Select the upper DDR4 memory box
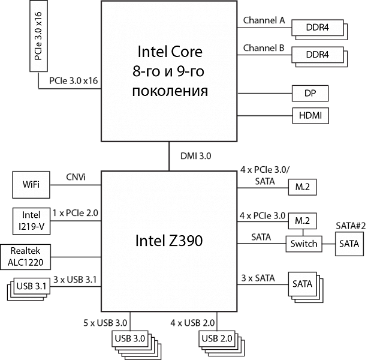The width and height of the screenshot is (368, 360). coord(316,28)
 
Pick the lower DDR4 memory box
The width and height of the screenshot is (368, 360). coord(316,55)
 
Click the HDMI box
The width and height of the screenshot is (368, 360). coord(310,115)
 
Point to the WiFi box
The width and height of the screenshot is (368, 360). coord(31,185)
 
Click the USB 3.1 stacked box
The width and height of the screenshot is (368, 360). coord(31,287)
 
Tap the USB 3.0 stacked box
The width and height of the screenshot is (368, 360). coord(130,339)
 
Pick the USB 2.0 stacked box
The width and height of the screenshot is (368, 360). coord(217,339)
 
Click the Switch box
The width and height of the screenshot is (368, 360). coord(304,244)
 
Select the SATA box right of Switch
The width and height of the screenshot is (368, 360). coord(349,244)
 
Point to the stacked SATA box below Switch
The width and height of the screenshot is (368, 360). coord(303,284)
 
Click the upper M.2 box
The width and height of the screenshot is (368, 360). coord(302,187)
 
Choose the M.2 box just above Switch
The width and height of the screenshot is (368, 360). coord(302,220)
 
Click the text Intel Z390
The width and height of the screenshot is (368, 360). coord(168,241)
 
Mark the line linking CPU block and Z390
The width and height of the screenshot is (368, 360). coord(170,157)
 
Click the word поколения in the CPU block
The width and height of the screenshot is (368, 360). coord(170,91)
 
